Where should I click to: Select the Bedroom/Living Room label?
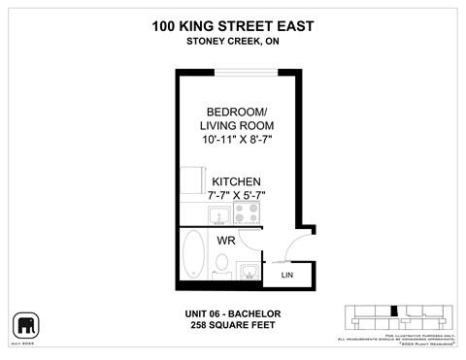point(238,116)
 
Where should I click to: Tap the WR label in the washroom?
point(226,239)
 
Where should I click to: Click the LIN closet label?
point(287,276)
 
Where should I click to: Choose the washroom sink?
point(248,271)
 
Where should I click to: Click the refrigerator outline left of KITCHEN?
point(193,180)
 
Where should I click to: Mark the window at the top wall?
point(247,70)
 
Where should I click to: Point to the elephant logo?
point(24,324)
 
